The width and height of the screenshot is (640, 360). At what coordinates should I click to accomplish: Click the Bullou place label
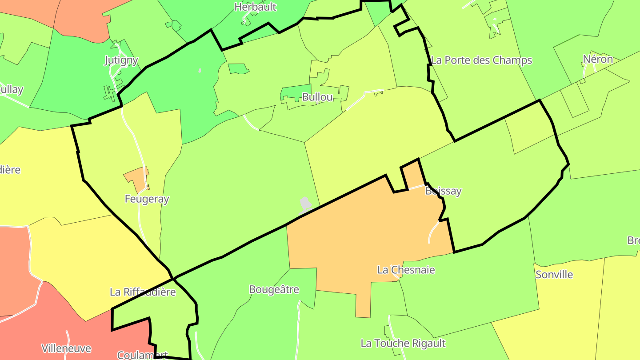[317, 97]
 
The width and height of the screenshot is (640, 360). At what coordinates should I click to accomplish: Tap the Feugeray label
[147, 199]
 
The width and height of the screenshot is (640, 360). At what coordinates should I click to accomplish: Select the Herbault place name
[255, 7]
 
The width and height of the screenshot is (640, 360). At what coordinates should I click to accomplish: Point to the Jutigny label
[121, 60]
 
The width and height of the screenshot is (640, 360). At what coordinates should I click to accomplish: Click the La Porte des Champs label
[481, 60]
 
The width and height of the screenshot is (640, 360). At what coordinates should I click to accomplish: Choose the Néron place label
[598, 60]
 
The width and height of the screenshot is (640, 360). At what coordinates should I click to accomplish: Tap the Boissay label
[443, 191]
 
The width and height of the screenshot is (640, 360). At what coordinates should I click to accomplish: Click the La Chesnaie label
[406, 270]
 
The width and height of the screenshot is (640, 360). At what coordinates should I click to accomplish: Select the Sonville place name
[554, 275]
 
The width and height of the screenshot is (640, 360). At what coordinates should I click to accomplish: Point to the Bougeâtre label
[274, 290]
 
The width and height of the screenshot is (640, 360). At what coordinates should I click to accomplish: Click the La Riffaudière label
[143, 292]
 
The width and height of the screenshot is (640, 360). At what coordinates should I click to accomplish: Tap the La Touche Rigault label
[403, 343]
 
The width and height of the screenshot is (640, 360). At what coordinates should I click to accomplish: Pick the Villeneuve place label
[66, 348]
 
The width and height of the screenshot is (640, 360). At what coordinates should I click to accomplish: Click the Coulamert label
[142, 355]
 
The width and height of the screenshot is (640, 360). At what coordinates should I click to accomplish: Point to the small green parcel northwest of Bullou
[237, 68]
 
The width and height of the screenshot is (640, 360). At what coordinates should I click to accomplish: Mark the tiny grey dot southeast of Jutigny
[200, 70]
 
